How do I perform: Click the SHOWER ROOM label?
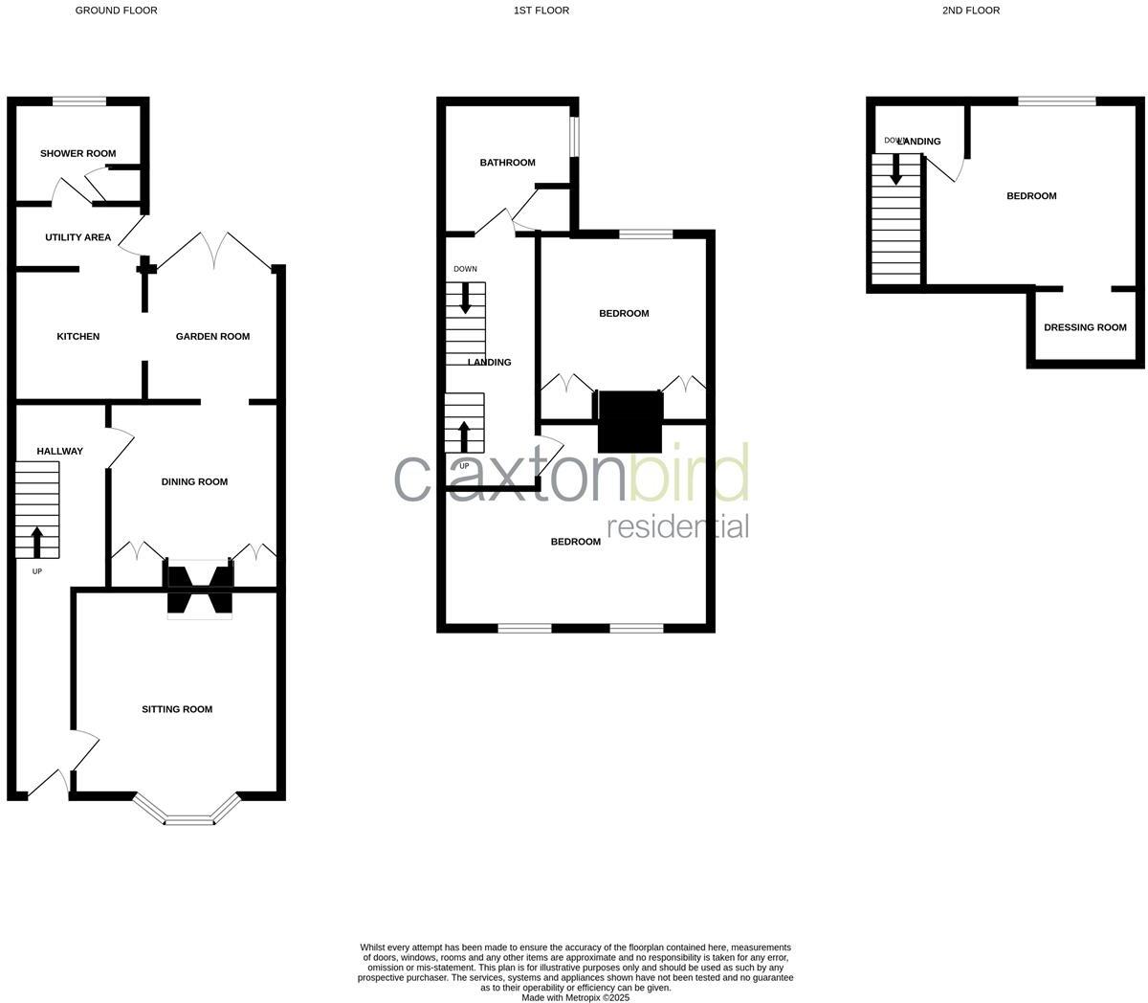point(77,153)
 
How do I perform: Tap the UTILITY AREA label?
point(78,237)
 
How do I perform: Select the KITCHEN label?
point(78,336)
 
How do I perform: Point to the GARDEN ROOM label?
point(212,336)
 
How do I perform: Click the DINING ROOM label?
point(194,481)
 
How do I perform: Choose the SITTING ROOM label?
point(177,709)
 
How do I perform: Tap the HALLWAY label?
point(60,451)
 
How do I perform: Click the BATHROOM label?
point(507,163)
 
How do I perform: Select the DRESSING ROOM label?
point(1085,327)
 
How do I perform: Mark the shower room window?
point(79,100)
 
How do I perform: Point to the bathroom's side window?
point(574,136)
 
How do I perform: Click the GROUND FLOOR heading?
point(117,11)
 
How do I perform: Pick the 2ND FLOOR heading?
point(971,11)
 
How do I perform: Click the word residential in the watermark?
point(677,526)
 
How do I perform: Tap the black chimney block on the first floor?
point(630,421)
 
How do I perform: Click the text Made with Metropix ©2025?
point(575,997)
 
